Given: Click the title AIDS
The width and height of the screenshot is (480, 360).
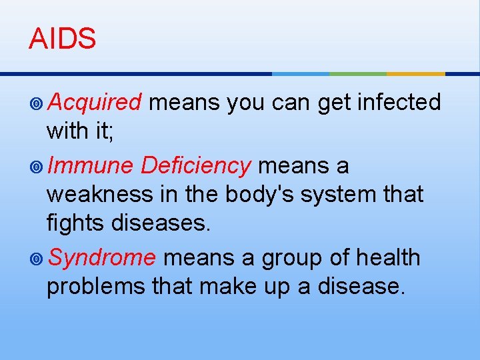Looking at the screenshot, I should click(x=62, y=39).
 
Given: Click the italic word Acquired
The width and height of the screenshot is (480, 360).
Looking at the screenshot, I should click(x=95, y=103).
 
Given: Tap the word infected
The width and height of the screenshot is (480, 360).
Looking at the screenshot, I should click(x=399, y=103).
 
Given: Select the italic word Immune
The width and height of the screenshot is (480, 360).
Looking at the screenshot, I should click(x=91, y=165).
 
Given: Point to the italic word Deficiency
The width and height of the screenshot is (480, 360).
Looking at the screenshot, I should click(x=196, y=165).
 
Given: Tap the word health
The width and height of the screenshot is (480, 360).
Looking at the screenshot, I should click(x=387, y=257).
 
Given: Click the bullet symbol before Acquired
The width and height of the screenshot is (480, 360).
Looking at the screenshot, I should click(x=37, y=103).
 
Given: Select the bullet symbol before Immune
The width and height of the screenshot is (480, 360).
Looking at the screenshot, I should click(x=37, y=166).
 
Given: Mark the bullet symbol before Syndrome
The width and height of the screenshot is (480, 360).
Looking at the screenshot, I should click(x=37, y=258).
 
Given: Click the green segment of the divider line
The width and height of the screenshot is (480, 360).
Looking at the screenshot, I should click(x=358, y=73).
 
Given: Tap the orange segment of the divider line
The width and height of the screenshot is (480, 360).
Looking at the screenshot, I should click(x=415, y=73).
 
